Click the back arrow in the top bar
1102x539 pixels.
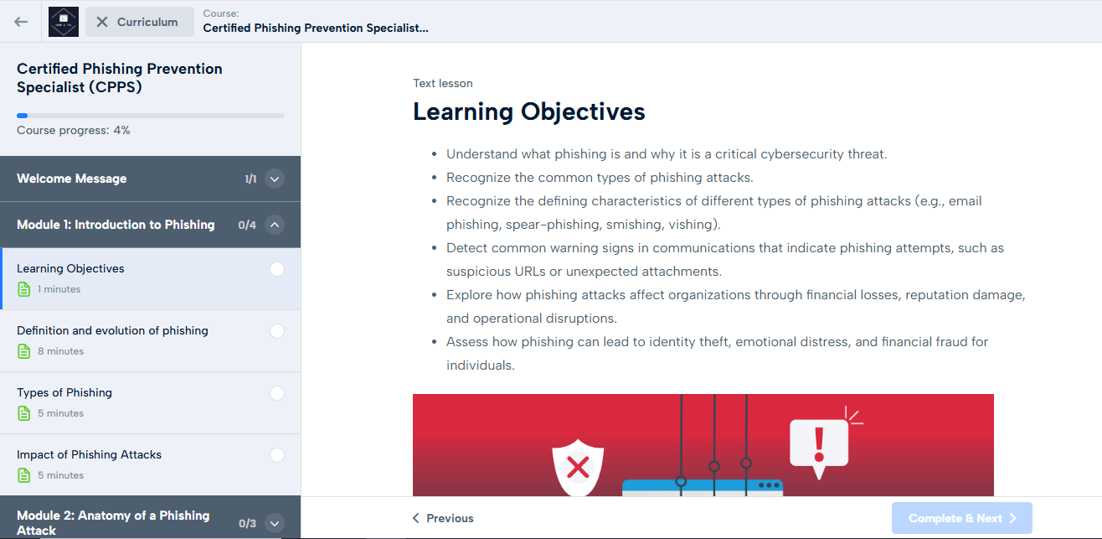[x=21, y=22]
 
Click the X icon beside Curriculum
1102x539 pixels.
[x=102, y=22]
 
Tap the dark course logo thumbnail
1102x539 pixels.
[x=64, y=22]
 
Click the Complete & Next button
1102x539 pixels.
[x=962, y=518]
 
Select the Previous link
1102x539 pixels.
[x=443, y=518]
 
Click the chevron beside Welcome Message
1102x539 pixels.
[x=275, y=179]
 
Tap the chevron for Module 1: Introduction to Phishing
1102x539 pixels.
[x=275, y=225]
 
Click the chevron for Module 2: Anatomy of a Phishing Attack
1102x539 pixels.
[x=275, y=523]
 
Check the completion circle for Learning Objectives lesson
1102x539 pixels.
[x=277, y=269]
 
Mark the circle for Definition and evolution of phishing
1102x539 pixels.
[x=277, y=331]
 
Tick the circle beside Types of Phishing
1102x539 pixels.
[x=277, y=393]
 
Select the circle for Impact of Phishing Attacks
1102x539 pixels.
[x=277, y=455]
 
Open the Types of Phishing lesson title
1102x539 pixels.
[x=64, y=392]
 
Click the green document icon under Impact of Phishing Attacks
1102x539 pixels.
[x=23, y=475]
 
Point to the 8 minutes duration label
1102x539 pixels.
[x=60, y=351]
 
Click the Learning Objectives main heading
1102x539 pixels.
[x=529, y=111]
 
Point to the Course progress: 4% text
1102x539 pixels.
[x=74, y=131]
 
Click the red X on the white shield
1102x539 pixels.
[x=578, y=467]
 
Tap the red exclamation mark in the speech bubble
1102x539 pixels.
[x=819, y=444]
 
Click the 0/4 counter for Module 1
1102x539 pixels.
[x=247, y=225]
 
